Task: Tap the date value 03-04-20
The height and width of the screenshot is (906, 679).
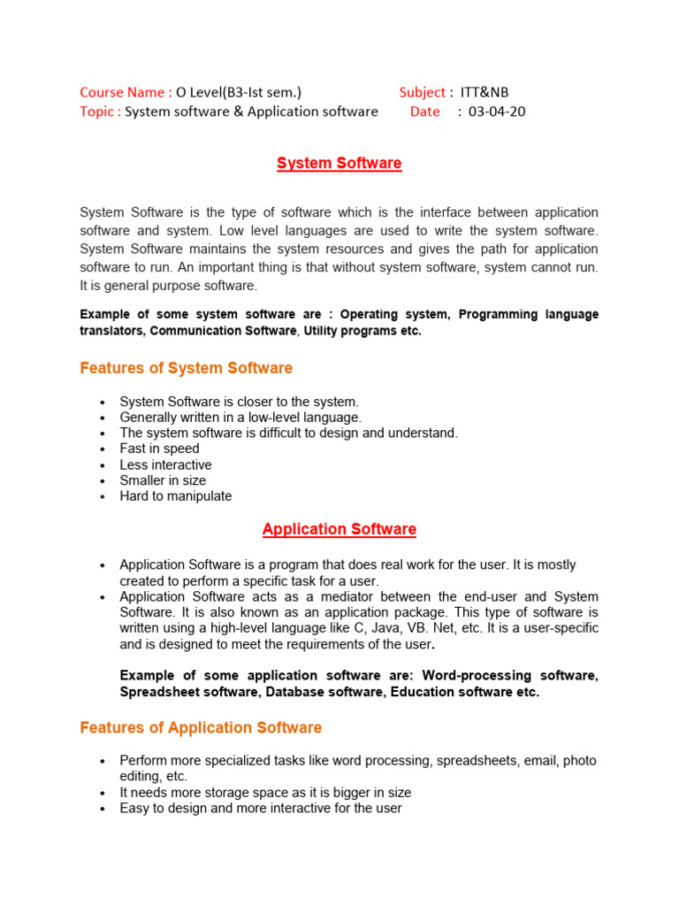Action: click(x=497, y=111)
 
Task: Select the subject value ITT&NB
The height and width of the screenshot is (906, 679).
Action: click(x=484, y=92)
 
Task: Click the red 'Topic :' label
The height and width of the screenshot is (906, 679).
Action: click(x=100, y=111)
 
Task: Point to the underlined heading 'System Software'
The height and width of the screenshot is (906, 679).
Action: click(x=339, y=163)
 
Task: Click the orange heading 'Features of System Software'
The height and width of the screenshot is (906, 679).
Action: click(x=186, y=367)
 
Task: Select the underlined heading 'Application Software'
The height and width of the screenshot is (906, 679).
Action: click(x=339, y=529)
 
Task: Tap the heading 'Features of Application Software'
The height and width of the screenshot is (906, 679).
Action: click(x=201, y=727)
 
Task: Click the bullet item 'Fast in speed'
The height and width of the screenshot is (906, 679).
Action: click(x=159, y=449)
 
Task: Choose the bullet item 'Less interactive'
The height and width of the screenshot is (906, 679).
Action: click(x=165, y=465)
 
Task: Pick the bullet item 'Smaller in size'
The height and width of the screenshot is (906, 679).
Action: click(x=163, y=480)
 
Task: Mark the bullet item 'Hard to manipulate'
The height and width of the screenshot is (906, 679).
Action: click(x=175, y=496)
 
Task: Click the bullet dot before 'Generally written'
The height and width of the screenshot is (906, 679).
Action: click(x=103, y=418)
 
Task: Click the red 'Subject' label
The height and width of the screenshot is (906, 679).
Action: click(x=422, y=92)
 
